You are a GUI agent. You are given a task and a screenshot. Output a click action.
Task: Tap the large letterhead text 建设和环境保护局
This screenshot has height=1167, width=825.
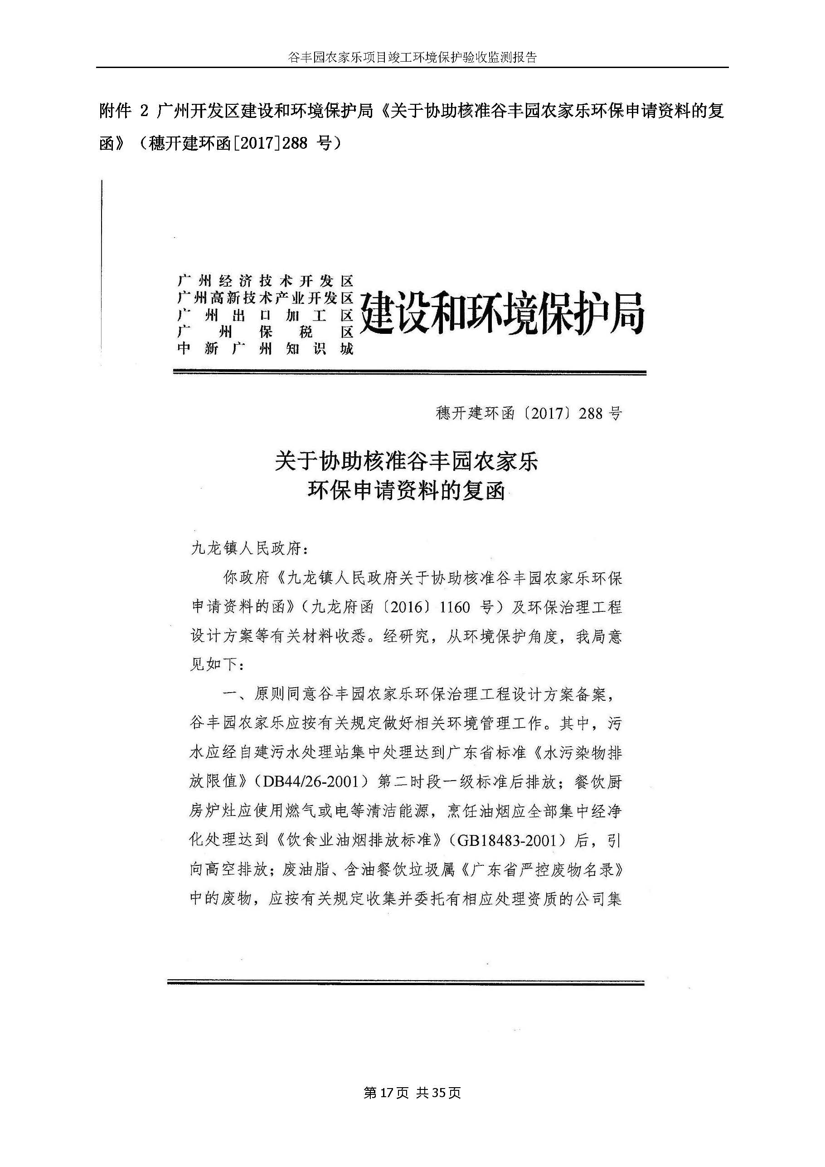[x=502, y=314]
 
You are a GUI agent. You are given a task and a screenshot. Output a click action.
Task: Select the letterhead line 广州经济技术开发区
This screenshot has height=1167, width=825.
[x=265, y=281]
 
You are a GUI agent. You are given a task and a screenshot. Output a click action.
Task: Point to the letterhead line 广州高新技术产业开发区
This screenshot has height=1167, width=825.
[x=265, y=298]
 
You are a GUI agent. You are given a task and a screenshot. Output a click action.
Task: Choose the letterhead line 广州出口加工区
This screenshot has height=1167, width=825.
[x=265, y=315]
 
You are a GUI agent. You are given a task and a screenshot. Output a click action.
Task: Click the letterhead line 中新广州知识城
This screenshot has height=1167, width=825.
[x=265, y=349]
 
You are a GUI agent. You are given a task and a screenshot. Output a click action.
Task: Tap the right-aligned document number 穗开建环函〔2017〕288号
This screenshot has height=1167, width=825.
[x=529, y=414]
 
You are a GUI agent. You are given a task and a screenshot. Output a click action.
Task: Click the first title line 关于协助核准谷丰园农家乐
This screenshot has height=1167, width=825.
[x=407, y=462]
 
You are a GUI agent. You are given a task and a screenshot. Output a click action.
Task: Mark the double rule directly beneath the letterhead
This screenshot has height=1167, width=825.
[x=409, y=373]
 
